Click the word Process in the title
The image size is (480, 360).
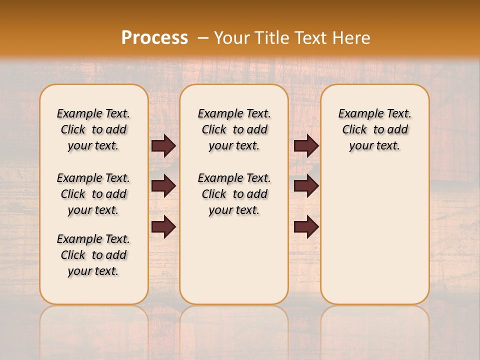coord(154,37)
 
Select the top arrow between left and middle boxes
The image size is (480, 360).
coord(163,145)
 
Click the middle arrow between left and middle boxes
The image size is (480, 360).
coord(163,186)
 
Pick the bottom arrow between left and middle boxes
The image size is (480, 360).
coord(163,226)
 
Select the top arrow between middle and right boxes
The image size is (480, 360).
coord(306,145)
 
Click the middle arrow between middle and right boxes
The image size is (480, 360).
coord(306,186)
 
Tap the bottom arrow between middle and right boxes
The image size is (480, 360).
coord(306,226)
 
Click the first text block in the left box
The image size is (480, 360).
coord(93,129)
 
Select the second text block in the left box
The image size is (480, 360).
coord(93,194)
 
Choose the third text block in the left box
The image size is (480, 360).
coord(93,255)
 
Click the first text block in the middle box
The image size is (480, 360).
coord(234,129)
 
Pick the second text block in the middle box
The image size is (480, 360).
coord(234,194)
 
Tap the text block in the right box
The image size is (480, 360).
coord(374,129)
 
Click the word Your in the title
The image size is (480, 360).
coord(231,37)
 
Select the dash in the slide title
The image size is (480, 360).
coord(202,37)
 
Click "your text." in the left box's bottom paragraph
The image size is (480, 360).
coord(93,271)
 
